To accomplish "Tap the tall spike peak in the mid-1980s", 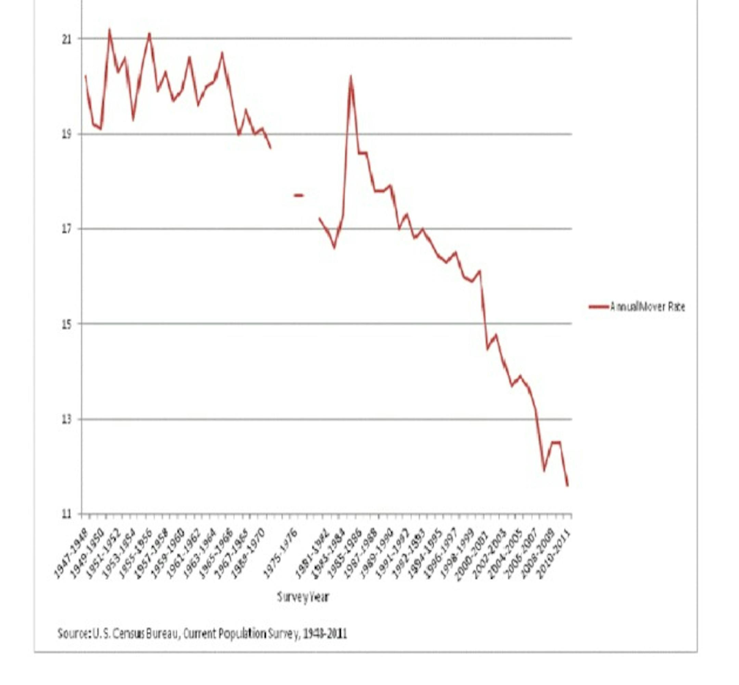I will tap(350, 77).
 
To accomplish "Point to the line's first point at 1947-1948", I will tap(86, 76).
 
